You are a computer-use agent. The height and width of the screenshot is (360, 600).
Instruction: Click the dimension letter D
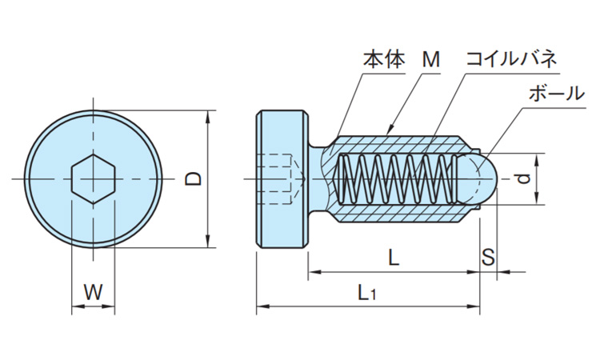point(193,179)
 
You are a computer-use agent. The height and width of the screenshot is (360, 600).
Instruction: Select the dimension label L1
point(367,294)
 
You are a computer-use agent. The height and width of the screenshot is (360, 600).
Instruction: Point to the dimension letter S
point(488,258)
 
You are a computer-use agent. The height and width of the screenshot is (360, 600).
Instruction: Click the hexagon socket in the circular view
point(94,179)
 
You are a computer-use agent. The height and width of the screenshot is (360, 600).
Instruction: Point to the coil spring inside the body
point(396,179)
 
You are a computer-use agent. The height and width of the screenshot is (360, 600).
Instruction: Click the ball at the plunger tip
point(478,178)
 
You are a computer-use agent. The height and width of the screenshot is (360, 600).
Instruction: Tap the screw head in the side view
point(282,179)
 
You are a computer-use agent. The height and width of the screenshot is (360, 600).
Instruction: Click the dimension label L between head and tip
point(393,258)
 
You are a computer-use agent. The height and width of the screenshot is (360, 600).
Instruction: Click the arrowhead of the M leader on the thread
point(389,129)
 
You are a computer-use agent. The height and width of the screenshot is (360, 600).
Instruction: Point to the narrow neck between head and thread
point(317,179)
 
